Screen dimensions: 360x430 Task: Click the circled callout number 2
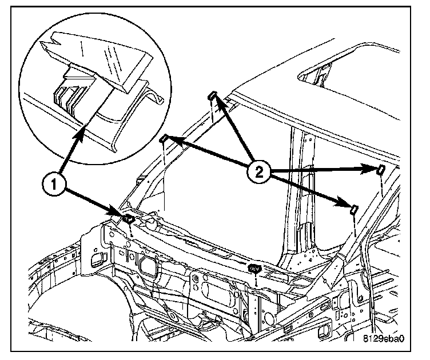point(258,171)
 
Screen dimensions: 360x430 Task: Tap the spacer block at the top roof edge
point(212,95)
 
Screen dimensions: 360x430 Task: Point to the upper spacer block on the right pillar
point(379,168)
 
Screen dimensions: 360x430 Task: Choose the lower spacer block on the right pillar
point(353,209)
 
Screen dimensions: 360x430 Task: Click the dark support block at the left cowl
point(129,217)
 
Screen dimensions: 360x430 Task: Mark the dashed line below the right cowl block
point(257,279)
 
